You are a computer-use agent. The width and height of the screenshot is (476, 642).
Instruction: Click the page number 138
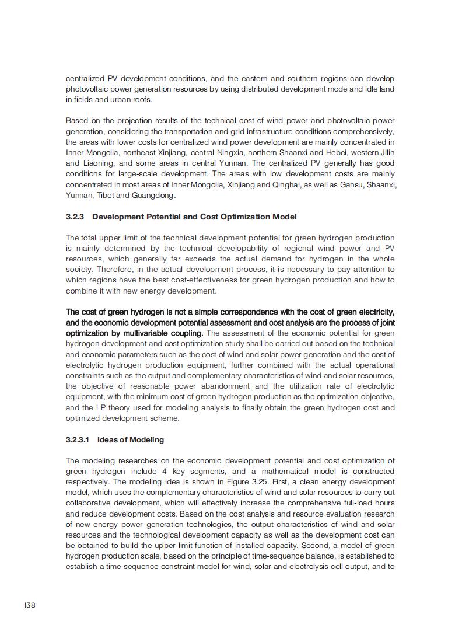[x=29, y=605]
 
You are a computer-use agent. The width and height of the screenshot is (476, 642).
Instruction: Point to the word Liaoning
[x=100, y=163]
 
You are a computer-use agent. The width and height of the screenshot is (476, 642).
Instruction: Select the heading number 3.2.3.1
[x=78, y=439]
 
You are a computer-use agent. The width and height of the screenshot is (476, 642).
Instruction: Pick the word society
[x=79, y=270]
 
